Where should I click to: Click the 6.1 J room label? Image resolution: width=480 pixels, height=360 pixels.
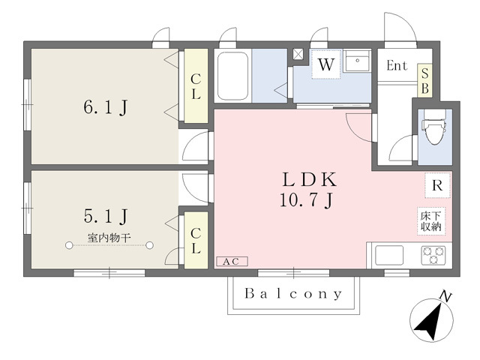106,107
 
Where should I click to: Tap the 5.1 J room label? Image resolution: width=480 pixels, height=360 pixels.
106,216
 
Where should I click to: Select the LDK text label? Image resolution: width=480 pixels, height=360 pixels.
309,180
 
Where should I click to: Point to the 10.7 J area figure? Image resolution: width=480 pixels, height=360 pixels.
306,200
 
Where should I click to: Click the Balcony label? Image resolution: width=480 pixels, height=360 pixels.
293,294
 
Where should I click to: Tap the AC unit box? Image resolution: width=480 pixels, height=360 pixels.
232,262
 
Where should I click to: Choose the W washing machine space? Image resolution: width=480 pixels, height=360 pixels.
326,64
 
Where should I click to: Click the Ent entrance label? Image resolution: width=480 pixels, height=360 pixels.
397,65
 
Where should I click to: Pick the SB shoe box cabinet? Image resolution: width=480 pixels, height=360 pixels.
425,80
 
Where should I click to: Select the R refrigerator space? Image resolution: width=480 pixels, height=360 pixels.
437,185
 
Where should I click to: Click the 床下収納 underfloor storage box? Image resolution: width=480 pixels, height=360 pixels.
431,221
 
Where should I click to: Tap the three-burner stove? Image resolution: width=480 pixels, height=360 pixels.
433,255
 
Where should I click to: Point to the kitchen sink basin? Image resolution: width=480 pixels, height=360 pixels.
389,255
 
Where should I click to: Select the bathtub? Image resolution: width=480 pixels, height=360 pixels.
232,76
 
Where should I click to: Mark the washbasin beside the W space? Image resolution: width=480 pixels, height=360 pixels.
357,61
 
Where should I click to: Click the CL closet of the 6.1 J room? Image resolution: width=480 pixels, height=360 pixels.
196,86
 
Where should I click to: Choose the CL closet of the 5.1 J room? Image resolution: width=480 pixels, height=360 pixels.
196,240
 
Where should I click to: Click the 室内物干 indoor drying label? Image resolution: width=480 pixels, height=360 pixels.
109,238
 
